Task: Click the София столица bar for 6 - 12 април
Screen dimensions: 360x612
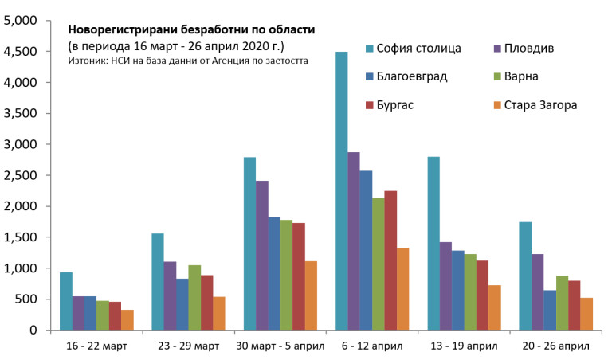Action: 341,191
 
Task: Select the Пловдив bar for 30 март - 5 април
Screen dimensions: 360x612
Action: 261,255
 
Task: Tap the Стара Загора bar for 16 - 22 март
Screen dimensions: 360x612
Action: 127,319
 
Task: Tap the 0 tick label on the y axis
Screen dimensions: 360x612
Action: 31,331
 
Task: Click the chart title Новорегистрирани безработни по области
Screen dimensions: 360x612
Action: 190,29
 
